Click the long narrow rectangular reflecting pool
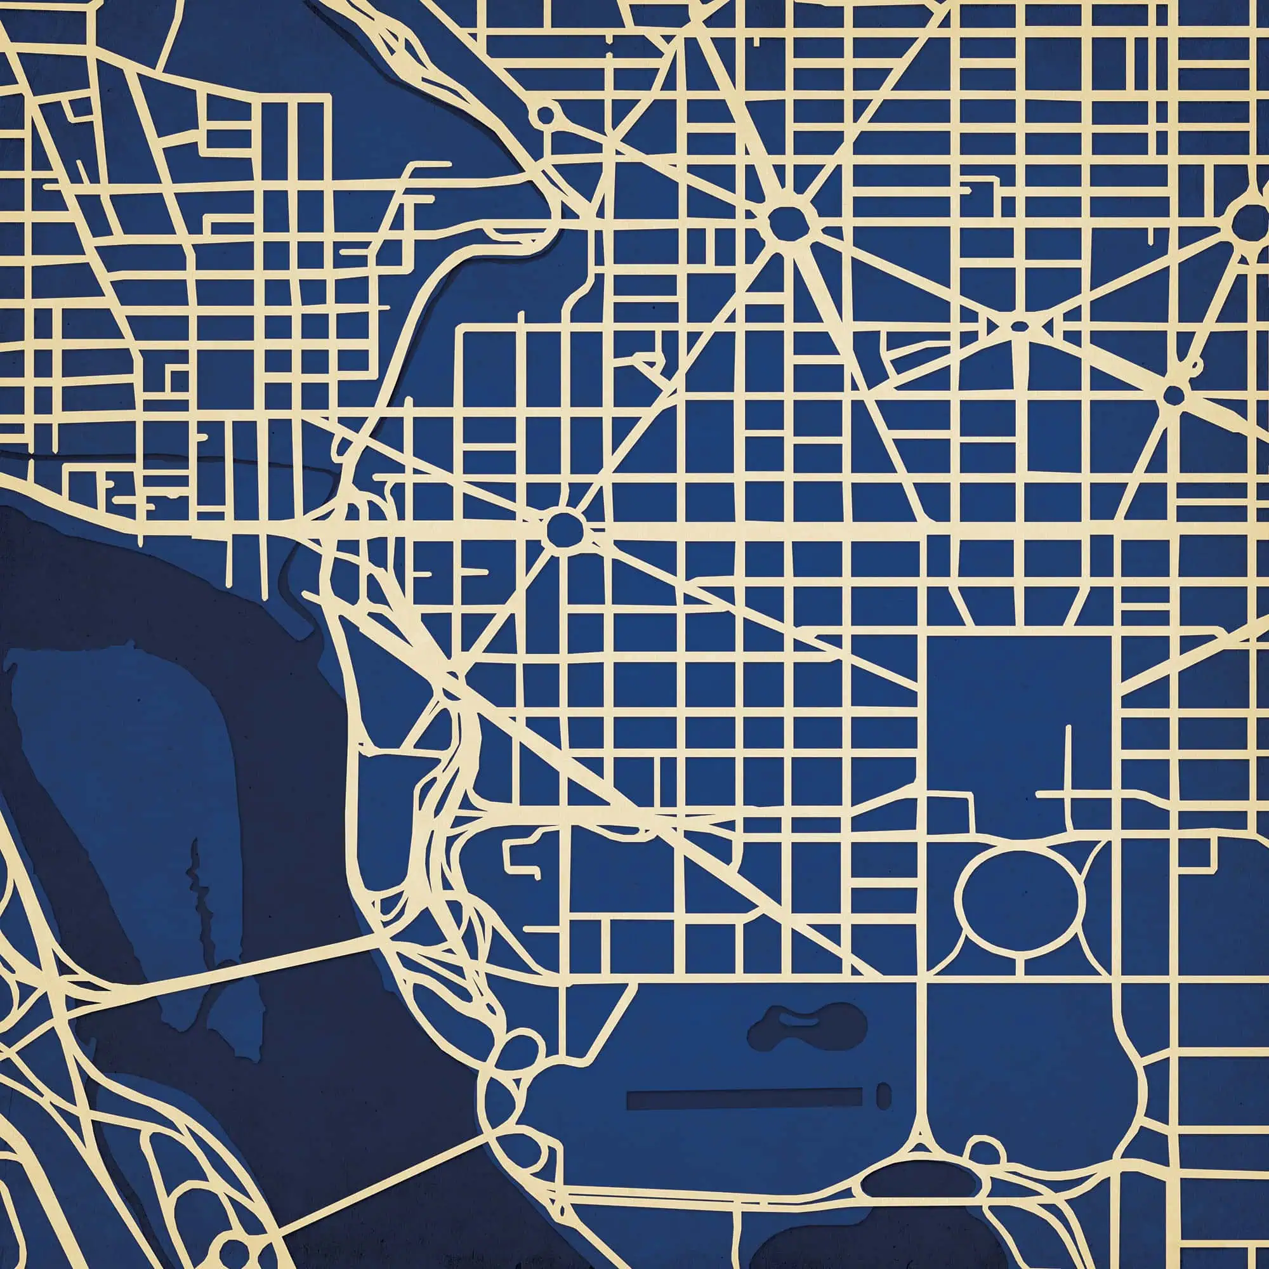[744, 1098]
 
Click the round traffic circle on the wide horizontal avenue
[564, 527]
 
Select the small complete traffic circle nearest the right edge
[1174, 395]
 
